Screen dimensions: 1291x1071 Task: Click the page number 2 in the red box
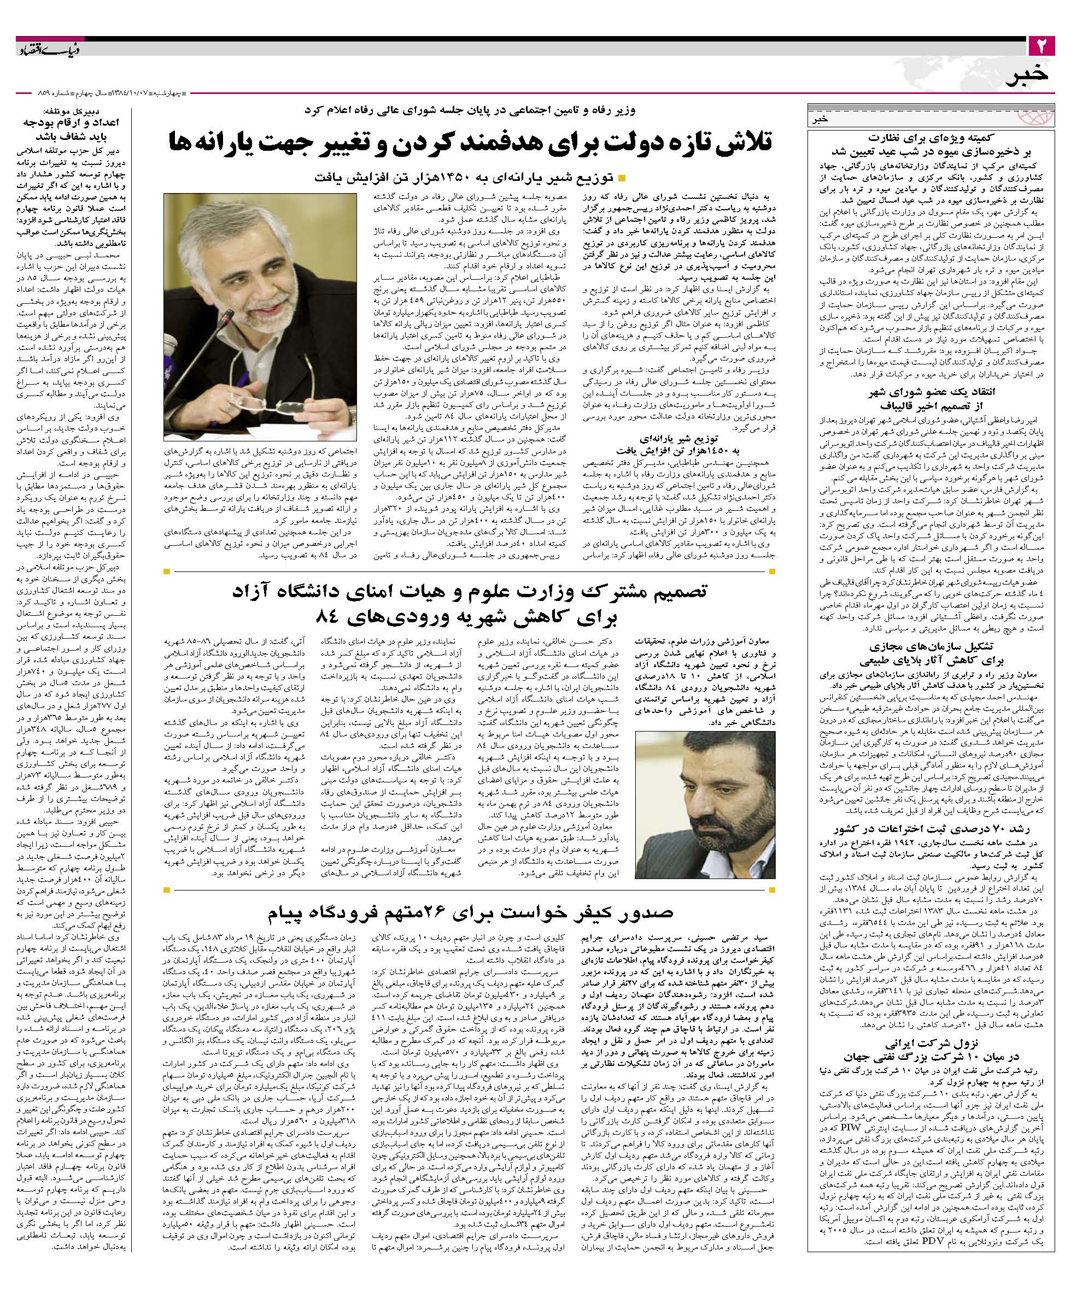(x=1042, y=45)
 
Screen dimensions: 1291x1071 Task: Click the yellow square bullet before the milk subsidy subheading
(x=621, y=179)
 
